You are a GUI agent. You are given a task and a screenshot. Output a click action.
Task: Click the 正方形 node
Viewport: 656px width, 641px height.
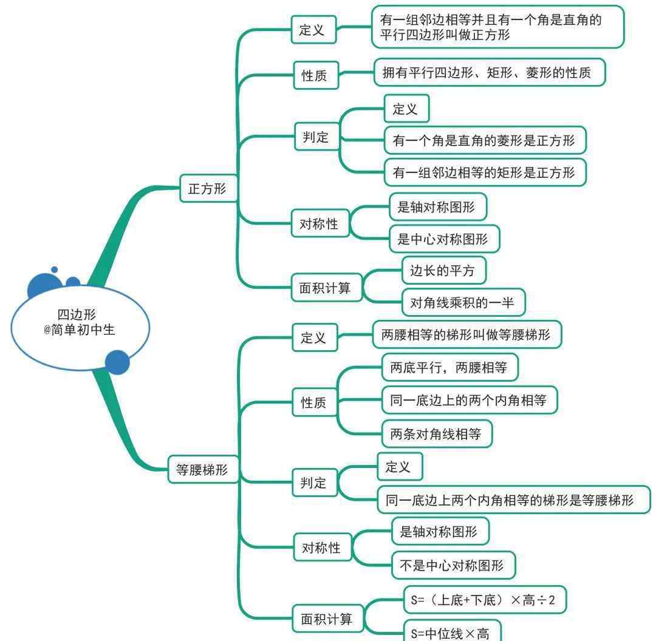point(208,189)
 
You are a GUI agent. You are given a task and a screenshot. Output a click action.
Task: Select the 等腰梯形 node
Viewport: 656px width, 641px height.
point(203,470)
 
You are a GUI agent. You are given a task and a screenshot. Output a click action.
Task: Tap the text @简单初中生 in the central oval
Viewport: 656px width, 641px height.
point(79,330)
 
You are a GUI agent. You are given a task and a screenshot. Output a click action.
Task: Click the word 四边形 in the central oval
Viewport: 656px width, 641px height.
point(77,314)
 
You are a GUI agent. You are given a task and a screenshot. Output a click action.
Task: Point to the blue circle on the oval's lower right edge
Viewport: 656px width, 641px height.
point(117,362)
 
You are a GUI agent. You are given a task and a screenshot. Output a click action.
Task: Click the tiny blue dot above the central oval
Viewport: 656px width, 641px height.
point(55,270)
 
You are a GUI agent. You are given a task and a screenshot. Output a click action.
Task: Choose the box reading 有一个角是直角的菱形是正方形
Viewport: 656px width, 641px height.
point(485,140)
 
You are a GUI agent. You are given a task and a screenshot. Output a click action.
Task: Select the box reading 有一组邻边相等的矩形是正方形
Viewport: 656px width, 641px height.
point(485,172)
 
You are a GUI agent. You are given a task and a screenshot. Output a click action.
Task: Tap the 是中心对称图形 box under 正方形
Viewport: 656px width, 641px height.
point(444,239)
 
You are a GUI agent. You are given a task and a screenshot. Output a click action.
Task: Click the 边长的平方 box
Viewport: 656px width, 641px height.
point(444,271)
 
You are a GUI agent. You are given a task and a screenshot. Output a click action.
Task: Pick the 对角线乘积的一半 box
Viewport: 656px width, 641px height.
point(463,302)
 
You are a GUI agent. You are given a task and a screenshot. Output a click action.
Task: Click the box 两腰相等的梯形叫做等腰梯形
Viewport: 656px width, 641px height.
point(467,334)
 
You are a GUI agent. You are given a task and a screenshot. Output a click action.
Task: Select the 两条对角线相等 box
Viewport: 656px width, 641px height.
point(437,434)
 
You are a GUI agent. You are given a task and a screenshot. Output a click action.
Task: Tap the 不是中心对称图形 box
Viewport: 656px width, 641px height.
point(454,565)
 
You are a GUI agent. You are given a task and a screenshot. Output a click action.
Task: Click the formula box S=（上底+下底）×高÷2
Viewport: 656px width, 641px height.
point(485,600)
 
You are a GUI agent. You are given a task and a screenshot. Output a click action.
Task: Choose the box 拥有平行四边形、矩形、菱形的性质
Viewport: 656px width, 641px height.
point(490,73)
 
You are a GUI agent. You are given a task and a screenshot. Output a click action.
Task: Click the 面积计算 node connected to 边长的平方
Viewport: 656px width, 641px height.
point(327,288)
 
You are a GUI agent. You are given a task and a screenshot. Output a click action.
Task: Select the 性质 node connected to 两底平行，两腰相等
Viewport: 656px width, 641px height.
point(314,402)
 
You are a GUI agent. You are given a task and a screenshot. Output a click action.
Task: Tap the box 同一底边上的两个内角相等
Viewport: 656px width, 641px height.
point(470,400)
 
